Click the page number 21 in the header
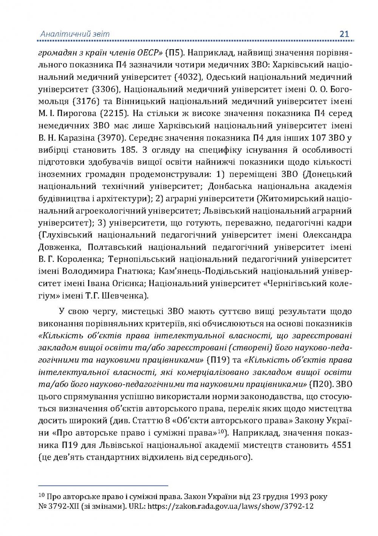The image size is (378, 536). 344,34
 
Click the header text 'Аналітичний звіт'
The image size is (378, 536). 75,34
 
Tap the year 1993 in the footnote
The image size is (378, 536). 291,496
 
